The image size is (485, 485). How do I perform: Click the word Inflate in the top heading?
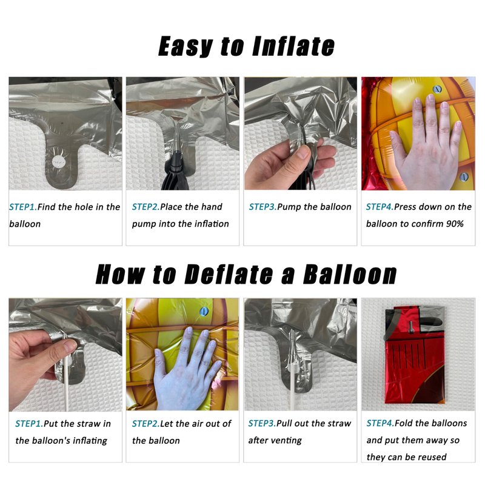293,46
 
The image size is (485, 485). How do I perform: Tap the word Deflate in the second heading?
229,275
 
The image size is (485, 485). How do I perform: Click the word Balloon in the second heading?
350,275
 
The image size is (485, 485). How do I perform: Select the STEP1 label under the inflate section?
23,207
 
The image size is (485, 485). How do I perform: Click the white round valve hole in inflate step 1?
58,161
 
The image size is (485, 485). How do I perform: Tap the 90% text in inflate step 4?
455,224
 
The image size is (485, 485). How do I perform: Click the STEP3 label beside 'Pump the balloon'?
263,207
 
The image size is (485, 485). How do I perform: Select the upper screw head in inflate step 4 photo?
436,89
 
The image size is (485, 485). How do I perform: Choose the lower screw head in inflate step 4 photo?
463,176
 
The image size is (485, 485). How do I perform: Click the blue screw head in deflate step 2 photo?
204,311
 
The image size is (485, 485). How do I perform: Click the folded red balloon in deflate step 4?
415,355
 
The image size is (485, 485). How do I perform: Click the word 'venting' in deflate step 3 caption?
288,441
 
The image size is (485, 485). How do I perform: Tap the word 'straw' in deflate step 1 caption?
86,423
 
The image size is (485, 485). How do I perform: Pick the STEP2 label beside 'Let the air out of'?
145,423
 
